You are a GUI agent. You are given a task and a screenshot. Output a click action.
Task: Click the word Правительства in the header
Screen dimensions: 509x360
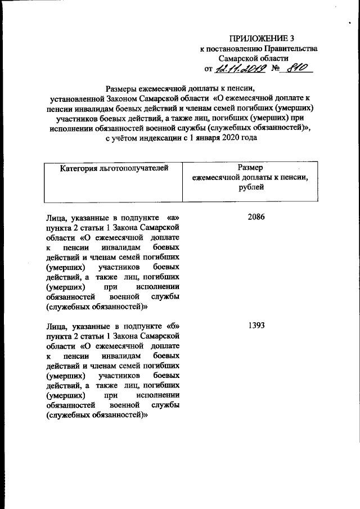(x=292, y=49)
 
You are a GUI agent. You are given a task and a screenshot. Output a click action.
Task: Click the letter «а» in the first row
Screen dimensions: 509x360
(x=172, y=217)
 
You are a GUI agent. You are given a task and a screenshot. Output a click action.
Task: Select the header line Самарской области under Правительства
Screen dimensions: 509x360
(x=254, y=58)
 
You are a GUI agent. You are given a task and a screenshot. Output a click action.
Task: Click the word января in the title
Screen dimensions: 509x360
(x=206, y=138)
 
